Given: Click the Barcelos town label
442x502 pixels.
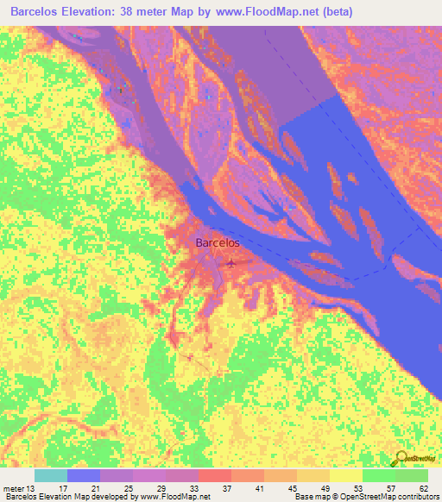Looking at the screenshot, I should (218, 243).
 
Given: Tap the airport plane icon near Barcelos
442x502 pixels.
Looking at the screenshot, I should (230, 263).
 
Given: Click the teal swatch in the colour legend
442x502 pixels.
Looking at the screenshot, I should (50, 475).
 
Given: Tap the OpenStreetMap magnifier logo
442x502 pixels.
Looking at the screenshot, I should (401, 456).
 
